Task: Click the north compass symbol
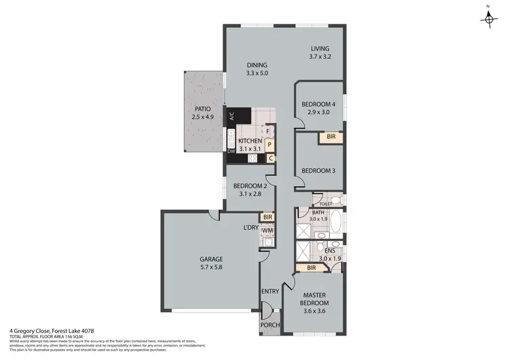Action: [x=488, y=18]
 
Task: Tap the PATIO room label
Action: [x=202, y=109]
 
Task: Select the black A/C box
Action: [x=231, y=116]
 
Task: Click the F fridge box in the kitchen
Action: [x=269, y=130]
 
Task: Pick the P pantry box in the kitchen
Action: [x=269, y=145]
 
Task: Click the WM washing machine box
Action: [x=267, y=230]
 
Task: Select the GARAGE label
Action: [x=210, y=259]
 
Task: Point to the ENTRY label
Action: [x=270, y=291]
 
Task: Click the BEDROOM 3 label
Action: [x=319, y=170]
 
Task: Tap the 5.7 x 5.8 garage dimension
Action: [x=210, y=268]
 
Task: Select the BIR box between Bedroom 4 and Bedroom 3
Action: [x=331, y=137]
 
